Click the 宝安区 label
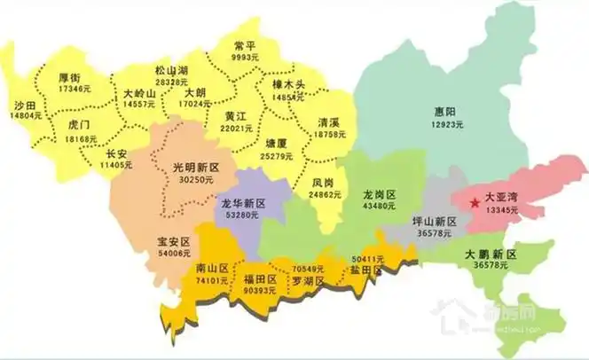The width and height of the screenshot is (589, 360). (x=174, y=240)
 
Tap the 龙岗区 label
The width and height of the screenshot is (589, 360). (x=379, y=192)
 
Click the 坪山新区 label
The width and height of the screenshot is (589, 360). (x=434, y=221)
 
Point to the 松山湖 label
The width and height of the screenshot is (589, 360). (x=171, y=70)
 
